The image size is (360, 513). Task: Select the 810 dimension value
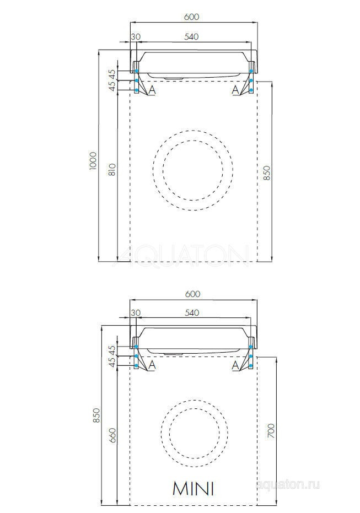(x=112, y=169)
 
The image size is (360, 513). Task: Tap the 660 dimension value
(x=113, y=435)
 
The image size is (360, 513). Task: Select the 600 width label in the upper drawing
(x=191, y=17)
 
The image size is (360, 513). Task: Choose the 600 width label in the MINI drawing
(x=191, y=294)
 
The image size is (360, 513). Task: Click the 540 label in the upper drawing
(x=191, y=37)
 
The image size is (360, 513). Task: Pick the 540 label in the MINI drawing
(x=191, y=313)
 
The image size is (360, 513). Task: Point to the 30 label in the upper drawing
(x=136, y=37)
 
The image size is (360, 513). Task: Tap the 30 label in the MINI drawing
(x=136, y=313)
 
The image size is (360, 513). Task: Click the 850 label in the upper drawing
(x=268, y=172)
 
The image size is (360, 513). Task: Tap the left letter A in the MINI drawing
(x=152, y=365)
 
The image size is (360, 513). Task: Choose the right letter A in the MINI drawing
(x=235, y=365)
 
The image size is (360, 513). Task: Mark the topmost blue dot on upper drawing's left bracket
(x=136, y=71)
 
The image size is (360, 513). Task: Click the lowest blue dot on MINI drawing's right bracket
(x=251, y=365)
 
